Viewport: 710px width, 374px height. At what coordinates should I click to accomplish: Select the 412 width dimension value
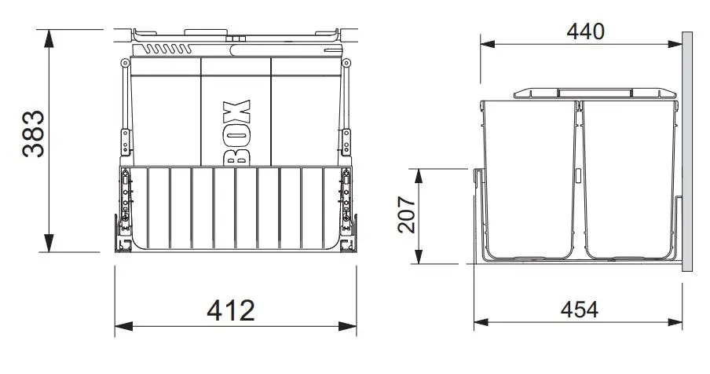click(231, 310)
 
